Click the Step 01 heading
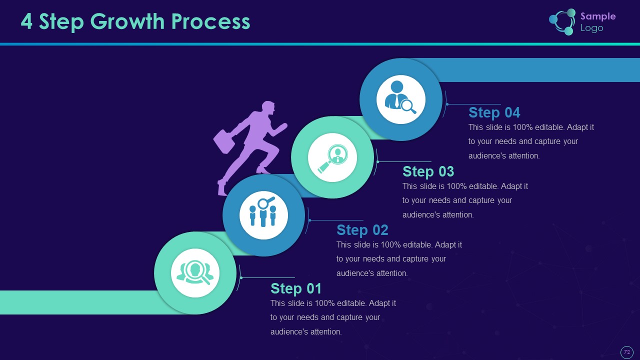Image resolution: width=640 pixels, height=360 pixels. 296,288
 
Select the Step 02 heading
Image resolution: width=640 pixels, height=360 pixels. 362,230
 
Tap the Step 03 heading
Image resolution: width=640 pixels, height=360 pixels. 428,171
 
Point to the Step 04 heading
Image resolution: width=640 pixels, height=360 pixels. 494,112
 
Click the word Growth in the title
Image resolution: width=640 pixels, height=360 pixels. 127,21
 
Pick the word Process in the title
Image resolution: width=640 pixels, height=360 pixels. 211,21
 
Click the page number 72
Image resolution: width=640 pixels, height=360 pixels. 627,352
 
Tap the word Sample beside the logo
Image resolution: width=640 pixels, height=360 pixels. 598,16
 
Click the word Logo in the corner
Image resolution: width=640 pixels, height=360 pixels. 591,28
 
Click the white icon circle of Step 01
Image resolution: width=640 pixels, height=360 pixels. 195,273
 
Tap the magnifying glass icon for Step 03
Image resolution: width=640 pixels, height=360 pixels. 333,158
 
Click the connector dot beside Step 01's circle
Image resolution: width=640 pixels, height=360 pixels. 241,277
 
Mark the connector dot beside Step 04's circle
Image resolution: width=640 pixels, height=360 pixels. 447,104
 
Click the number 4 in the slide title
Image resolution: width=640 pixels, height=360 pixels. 26,21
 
